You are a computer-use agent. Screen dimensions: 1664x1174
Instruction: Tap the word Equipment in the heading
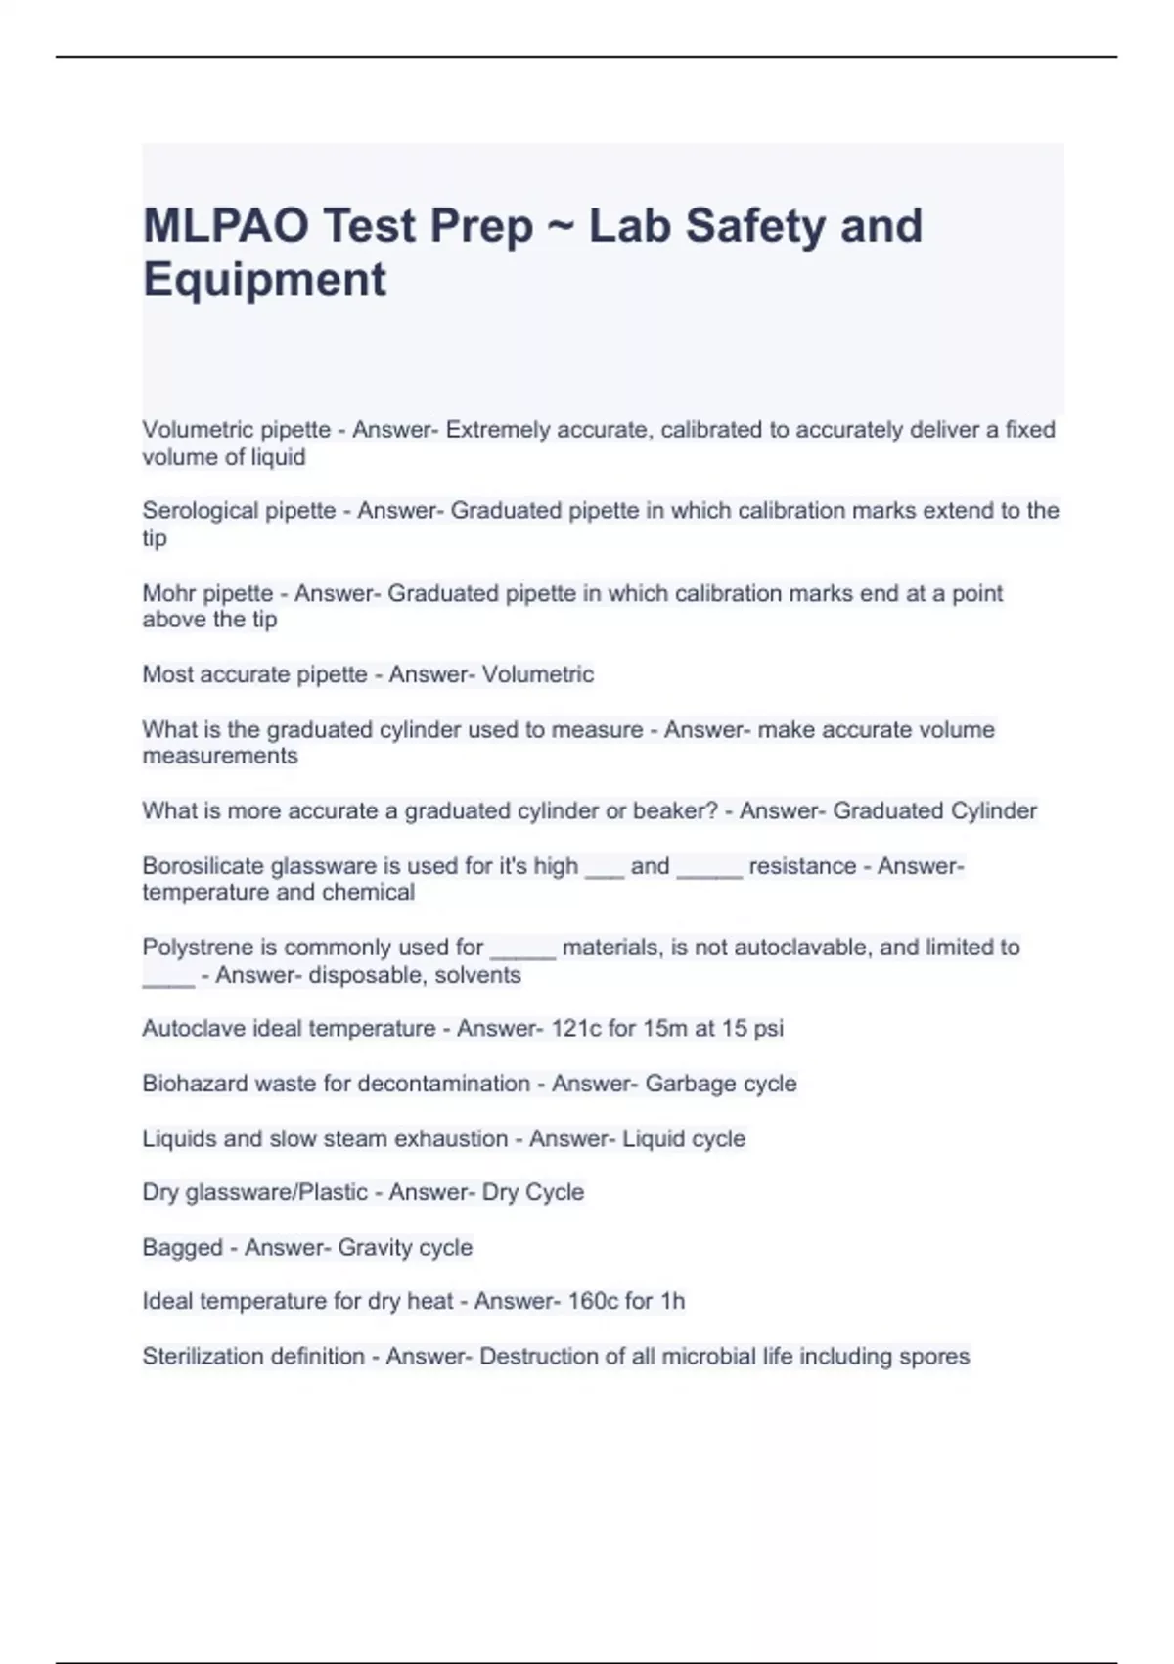point(264,280)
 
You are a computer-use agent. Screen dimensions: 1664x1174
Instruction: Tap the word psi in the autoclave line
point(768,1029)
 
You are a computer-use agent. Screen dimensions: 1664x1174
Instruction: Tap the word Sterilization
point(203,1356)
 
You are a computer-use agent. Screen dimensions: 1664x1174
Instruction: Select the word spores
point(935,1356)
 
